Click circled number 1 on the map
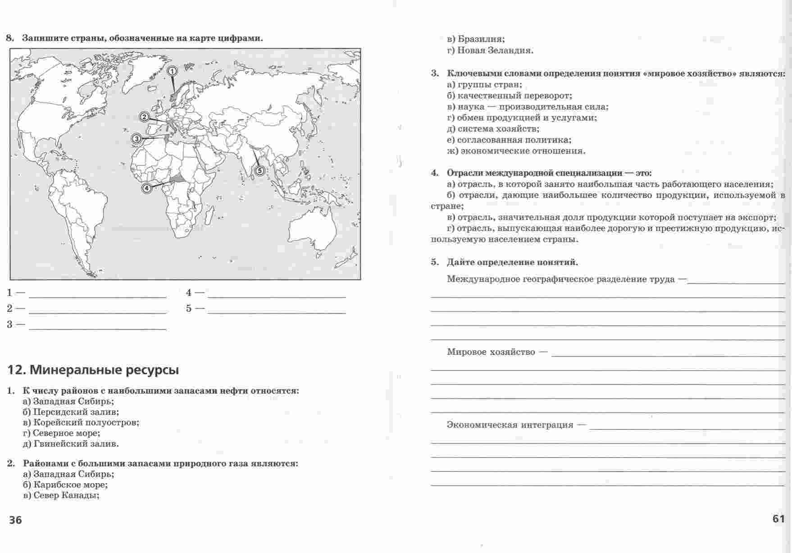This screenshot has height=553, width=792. pos(172,71)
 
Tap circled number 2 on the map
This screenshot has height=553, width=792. pos(144,117)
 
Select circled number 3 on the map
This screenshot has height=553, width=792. pos(137,138)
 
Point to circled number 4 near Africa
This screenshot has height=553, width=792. pos(146,188)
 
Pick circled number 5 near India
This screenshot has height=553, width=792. pos(259,170)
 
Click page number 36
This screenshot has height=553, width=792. pos(15,520)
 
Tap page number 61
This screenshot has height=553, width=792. pos(779,518)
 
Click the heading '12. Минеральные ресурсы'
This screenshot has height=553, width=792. pos(93,370)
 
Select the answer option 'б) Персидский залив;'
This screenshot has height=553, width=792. pos(71,412)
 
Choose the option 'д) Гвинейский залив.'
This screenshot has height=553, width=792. pos(71,444)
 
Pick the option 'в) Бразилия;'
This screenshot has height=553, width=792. pos(476,39)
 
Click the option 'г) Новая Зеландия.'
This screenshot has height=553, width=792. pos(490,50)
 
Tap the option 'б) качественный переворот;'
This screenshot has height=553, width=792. pos(510,96)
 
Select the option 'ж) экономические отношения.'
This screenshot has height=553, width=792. pos(516,151)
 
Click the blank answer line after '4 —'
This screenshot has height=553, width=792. pos(277,297)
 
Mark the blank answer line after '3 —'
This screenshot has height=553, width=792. pos(97,329)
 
